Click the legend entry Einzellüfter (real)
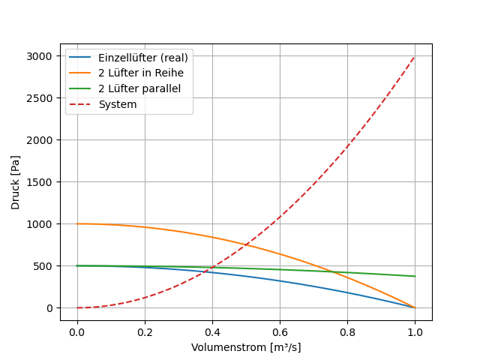tap(142, 58)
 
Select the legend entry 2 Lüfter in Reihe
tap(140, 73)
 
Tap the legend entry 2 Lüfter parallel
tap(139, 88)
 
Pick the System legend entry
tap(118, 104)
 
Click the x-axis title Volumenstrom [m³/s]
tap(246, 347)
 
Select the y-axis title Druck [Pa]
tap(16, 182)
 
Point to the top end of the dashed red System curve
tap(415, 56)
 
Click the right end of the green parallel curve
tap(415, 276)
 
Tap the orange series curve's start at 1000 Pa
tap(77, 223)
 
